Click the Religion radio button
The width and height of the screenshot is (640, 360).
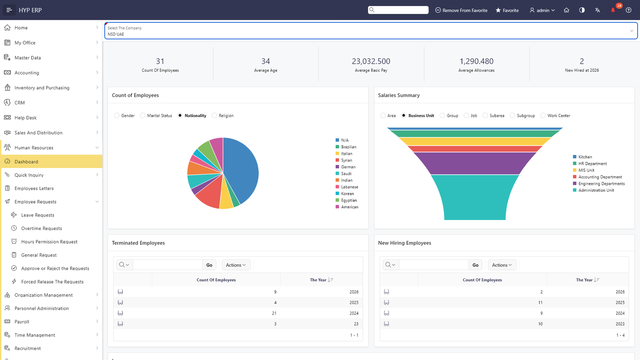[214, 116]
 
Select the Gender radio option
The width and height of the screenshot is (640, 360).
[116, 116]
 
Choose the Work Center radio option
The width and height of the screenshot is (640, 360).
[543, 116]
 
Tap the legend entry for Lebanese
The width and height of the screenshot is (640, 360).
[346, 187]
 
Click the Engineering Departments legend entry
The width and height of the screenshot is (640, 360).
[598, 184]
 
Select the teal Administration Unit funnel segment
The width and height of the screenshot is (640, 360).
[474, 197]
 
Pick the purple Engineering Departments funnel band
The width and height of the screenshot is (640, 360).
[474, 163]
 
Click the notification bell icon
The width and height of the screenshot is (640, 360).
[613, 10]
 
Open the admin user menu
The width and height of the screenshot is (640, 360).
[542, 10]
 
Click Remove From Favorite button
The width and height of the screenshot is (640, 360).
[461, 10]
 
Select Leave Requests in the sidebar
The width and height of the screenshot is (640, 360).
[38, 215]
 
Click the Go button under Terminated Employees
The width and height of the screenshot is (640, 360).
[209, 265]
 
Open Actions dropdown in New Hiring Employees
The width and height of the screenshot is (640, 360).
[502, 265]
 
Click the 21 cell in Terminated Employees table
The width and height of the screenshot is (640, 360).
[274, 313]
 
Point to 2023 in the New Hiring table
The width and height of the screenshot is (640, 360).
[620, 324]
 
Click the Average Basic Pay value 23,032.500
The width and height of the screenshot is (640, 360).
[371, 61]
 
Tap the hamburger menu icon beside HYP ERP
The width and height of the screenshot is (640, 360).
[9, 10]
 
